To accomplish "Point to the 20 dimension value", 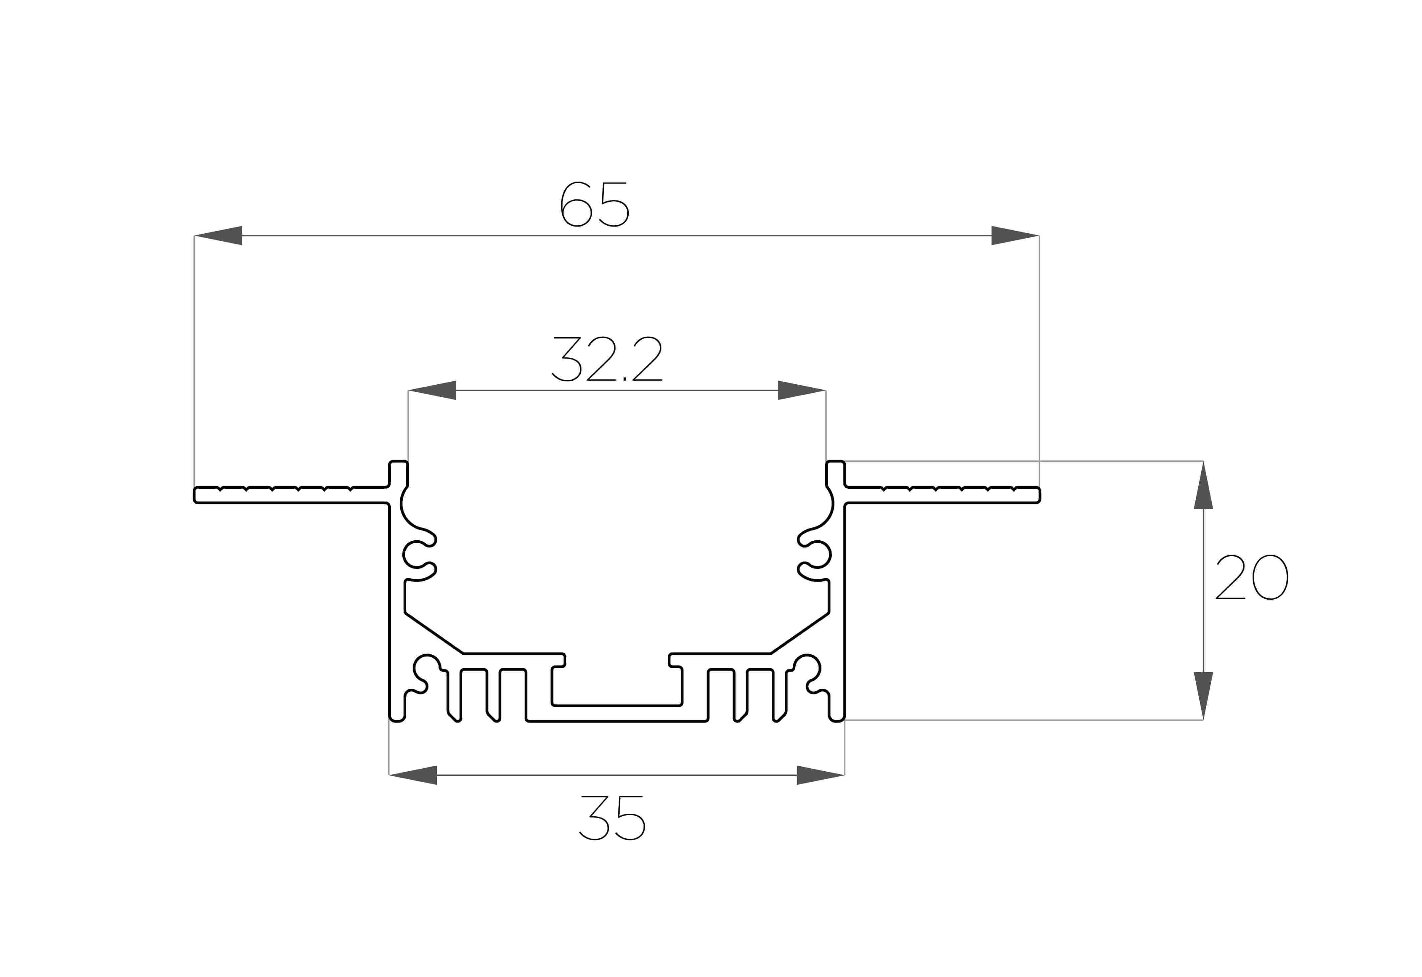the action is (x=1252, y=577).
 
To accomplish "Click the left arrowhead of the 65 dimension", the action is (x=218, y=236).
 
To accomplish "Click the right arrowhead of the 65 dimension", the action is (x=1015, y=236).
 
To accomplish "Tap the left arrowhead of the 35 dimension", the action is (x=413, y=775).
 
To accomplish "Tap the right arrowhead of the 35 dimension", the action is (x=821, y=775).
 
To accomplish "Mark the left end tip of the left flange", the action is (x=194, y=495).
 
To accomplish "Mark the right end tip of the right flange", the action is (x=1040, y=495).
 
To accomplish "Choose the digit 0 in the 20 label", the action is (x=1271, y=577).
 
